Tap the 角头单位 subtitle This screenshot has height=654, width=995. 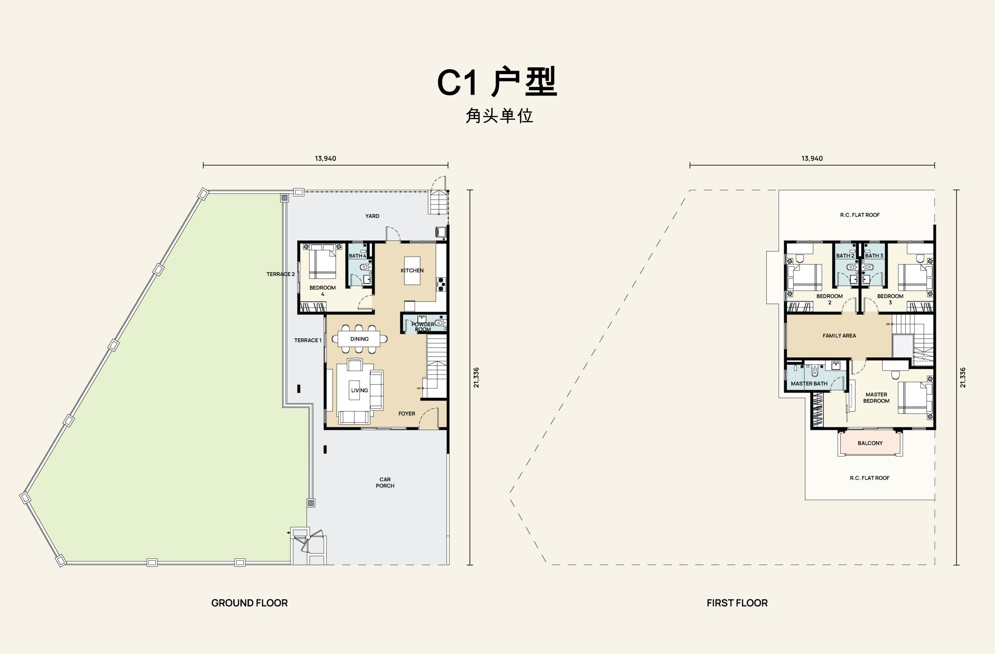click(499, 116)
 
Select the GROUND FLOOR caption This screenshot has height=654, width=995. click(249, 603)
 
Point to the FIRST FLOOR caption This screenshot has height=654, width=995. click(737, 603)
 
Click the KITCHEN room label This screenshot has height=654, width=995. click(412, 271)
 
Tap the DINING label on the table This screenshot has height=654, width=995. click(360, 339)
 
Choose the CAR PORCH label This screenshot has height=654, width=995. click(385, 483)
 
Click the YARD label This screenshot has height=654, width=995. click(372, 216)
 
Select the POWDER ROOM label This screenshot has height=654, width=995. click(422, 327)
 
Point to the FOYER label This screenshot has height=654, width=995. click(407, 414)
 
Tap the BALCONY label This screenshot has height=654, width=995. click(870, 443)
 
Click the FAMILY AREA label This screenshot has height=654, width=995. click(839, 336)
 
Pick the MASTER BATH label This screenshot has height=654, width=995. click(809, 383)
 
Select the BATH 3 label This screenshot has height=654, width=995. click(874, 255)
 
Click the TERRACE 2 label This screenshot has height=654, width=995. click(281, 274)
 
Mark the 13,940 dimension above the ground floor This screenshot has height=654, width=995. click(325, 159)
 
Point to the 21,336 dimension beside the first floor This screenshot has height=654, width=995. click(963, 378)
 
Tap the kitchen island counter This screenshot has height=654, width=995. click(412, 271)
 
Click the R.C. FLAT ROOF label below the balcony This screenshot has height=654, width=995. click(869, 478)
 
